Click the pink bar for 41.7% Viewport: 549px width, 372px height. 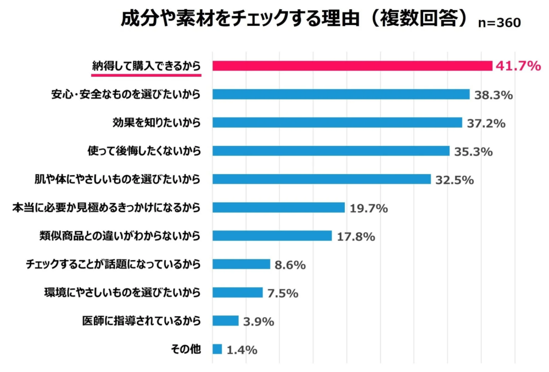tap(352, 66)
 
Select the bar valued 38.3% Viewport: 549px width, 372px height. tap(341, 94)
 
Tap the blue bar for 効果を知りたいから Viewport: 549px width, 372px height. tap(337, 123)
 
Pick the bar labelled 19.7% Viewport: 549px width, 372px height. tap(278, 207)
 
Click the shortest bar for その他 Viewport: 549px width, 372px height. tap(217, 349)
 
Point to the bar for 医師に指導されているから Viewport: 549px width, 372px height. tap(225, 321)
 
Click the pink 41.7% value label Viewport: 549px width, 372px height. tap(517, 66)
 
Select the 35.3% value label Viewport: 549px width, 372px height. tap(473, 152)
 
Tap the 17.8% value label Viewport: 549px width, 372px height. tap(355, 236)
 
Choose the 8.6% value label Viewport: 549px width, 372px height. tap(290, 265)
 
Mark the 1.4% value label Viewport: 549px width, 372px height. tap(242, 350)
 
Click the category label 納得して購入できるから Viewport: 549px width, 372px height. tap(145, 65)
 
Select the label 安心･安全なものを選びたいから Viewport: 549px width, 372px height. tap(126, 94)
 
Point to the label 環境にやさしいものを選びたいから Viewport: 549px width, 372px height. tap(122, 293)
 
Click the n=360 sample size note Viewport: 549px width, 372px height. tap(499, 23)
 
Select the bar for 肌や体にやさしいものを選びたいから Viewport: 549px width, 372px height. tap(322, 179)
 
